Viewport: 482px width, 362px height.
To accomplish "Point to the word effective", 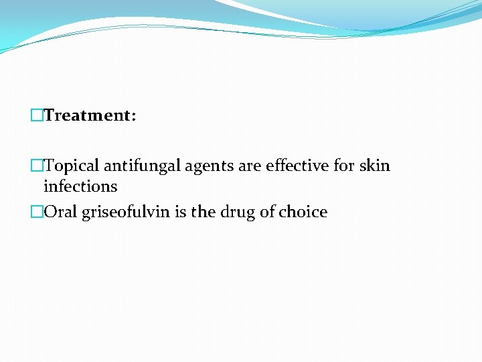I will click(298, 166).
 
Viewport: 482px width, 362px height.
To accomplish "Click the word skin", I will click(375, 166).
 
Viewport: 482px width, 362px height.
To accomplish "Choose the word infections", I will click(80, 186).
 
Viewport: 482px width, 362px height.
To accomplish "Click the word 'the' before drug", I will click(204, 213).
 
